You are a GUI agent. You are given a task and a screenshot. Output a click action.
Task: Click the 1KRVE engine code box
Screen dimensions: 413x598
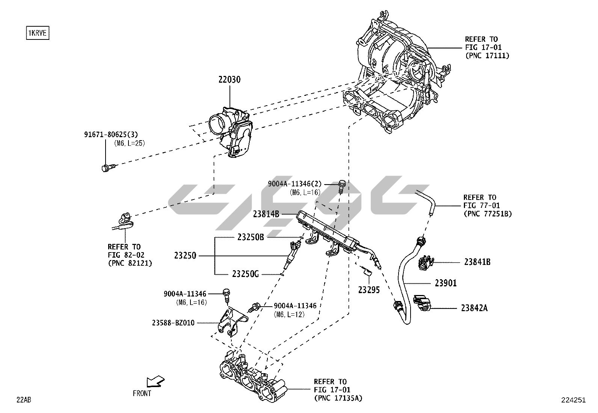pos(38,33)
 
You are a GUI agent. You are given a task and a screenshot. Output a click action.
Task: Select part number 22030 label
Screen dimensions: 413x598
pos(229,80)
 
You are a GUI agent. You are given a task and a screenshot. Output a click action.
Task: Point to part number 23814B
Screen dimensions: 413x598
pos(266,214)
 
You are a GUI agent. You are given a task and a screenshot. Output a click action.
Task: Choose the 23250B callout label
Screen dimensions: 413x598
pos(251,237)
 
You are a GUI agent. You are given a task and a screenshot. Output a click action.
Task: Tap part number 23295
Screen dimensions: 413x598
pos(369,290)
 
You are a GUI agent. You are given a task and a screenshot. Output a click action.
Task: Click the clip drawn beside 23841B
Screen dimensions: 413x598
pos(425,263)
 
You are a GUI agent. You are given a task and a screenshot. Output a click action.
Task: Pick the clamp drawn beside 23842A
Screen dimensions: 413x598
pos(421,304)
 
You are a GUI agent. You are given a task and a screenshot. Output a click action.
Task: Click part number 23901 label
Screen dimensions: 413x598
pos(446,283)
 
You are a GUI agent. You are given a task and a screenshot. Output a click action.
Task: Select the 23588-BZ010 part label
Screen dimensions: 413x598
pos(173,322)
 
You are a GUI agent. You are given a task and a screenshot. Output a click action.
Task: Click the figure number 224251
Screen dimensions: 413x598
pos(573,400)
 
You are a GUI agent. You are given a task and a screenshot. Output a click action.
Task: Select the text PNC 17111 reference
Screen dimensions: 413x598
pos(487,56)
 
